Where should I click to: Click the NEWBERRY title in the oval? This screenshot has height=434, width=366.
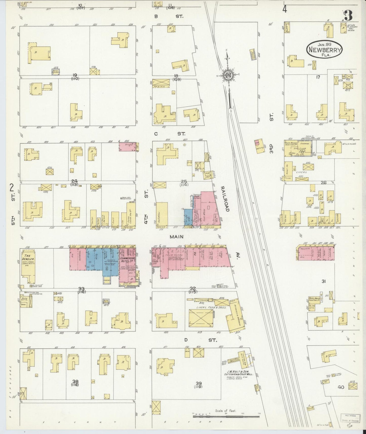pos(324,50)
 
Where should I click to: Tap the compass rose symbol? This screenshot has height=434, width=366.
pos(227,75)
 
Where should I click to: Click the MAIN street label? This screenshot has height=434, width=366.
pos(177,236)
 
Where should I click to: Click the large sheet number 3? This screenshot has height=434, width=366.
pos(349,16)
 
